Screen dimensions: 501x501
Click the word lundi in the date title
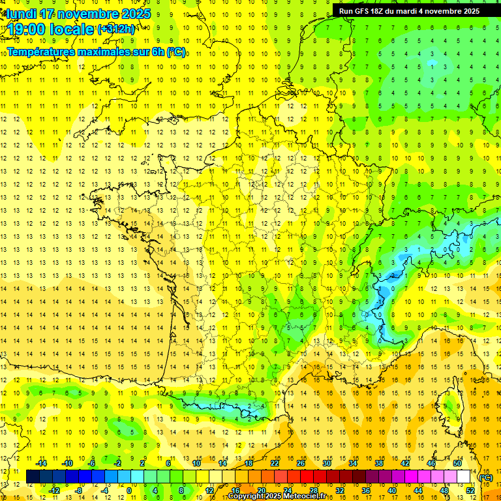point(22,14)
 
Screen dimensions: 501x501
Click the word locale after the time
point(72,29)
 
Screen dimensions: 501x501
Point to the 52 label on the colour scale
point(470,491)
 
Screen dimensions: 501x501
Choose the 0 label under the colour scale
point(129,491)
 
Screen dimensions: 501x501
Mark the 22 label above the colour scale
point(275,463)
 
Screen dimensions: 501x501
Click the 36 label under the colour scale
point(366,491)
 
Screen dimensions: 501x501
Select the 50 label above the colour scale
point(457,463)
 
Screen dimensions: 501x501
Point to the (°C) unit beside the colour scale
point(485,478)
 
